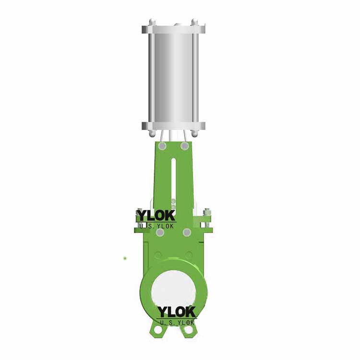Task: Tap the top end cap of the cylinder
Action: tap(173, 29)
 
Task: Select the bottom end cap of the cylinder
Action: tap(173, 125)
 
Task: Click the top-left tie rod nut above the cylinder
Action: tap(152, 22)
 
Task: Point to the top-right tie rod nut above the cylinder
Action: tap(194, 22)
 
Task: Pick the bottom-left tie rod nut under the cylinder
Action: tap(152, 133)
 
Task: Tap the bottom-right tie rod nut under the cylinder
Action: tap(194, 133)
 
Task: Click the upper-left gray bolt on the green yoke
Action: tap(163, 146)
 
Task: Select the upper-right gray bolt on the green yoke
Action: tap(185, 146)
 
